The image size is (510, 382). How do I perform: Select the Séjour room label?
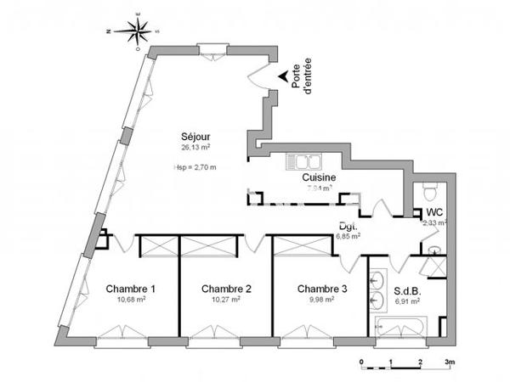click(195, 137)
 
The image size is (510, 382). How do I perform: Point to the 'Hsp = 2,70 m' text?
click(195, 166)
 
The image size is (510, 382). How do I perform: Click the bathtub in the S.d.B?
click(403, 326)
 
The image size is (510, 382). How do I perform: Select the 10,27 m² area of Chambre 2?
click(225, 300)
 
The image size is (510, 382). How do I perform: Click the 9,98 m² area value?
click(322, 300)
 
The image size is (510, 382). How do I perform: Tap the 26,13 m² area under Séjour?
click(195, 147)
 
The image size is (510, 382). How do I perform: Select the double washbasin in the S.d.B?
click(377, 289)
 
